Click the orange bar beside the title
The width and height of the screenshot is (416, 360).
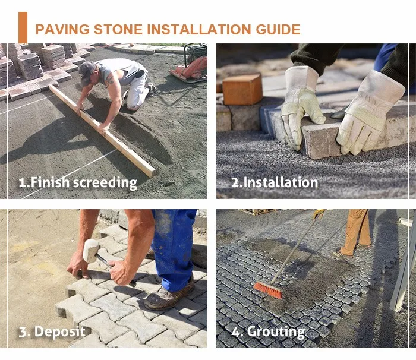coord(23,27)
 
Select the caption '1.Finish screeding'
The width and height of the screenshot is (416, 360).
coord(77,182)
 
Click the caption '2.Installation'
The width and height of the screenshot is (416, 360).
coord(274,182)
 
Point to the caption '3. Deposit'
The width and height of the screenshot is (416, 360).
coord(52,331)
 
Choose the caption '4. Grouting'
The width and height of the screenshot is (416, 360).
coord(267,331)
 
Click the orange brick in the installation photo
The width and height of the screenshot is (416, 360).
coord(242,89)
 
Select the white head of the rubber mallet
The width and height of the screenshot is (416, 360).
coord(91,250)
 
